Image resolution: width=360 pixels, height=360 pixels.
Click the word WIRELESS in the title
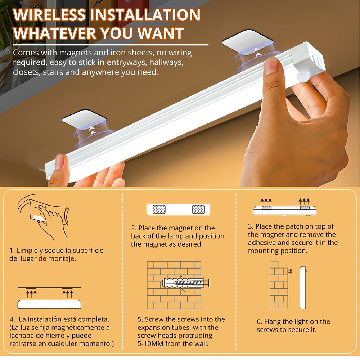pos(50,15)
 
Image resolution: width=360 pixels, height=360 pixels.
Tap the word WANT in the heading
pos(160,33)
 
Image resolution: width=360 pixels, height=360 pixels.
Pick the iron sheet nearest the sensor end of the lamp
pos(248,42)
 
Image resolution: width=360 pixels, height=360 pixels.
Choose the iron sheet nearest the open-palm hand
pos(84,119)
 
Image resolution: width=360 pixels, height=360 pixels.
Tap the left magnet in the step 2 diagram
pos(159,210)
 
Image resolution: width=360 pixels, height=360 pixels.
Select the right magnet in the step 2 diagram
pos(199,210)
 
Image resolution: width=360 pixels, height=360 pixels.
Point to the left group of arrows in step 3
pos(266,202)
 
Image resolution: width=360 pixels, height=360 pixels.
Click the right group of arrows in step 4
pos(68,294)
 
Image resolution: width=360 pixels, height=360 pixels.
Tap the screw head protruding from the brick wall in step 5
pos(209,283)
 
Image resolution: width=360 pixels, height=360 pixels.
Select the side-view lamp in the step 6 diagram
pos(303,288)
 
